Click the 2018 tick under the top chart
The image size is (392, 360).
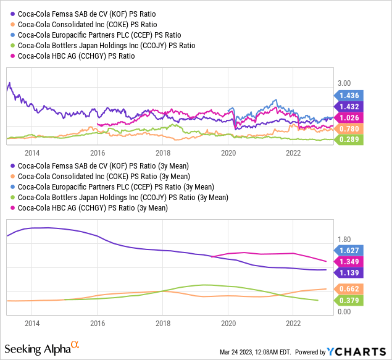(x=162, y=152)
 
